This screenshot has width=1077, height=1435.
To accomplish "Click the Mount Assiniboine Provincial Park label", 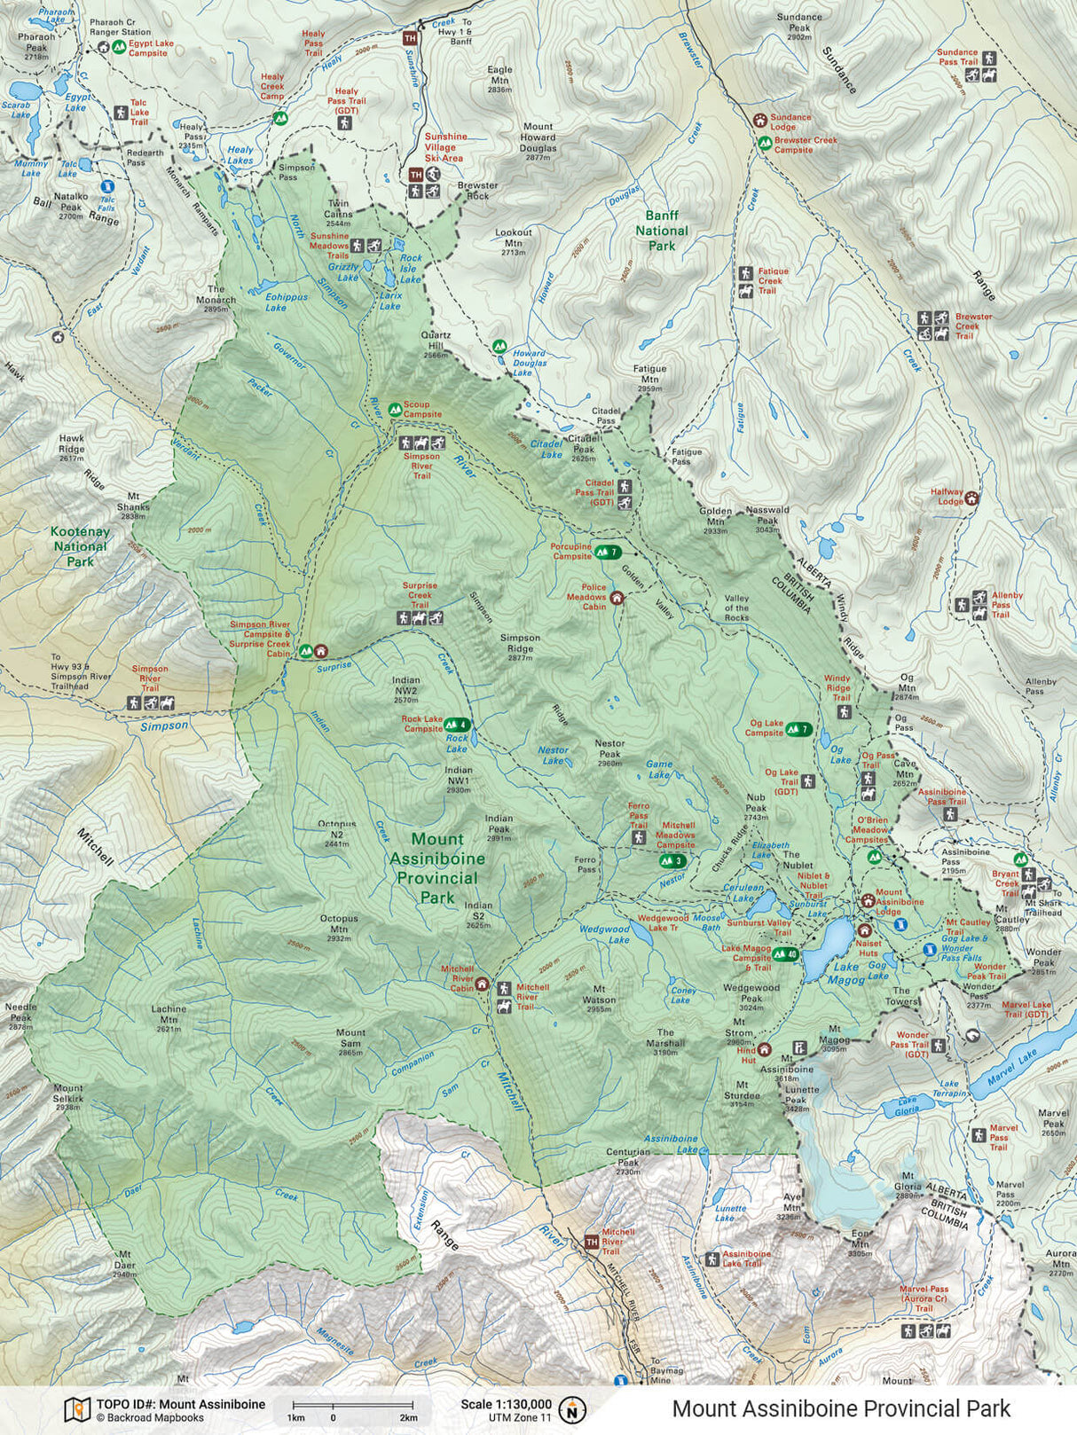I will pos(437,867).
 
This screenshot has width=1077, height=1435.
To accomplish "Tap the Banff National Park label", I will pos(661,231).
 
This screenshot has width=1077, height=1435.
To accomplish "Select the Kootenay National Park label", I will pos(80,546).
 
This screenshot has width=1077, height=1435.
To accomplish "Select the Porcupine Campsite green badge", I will pos(608,553).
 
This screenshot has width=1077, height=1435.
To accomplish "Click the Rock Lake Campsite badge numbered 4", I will pos(457,725).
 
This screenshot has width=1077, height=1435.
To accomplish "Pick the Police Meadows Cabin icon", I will pos(617,599).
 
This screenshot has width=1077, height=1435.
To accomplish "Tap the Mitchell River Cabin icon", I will pos(482,983).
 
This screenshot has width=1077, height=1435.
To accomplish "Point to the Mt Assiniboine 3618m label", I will pos(786,1063).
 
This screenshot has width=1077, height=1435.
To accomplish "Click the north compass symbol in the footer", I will pos(574,1408).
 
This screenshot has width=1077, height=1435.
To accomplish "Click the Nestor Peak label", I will pos(609,749).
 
